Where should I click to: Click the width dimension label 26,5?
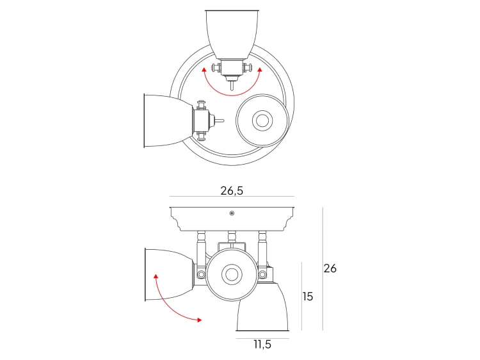232,190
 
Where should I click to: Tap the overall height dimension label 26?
330,268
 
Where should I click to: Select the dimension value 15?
308,297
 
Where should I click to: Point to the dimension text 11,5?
262,345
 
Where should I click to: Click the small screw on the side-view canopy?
232,213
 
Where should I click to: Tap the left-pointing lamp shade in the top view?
168,120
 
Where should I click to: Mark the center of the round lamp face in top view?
262,120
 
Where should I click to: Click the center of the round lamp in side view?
231,275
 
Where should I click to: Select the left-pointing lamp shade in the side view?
168,275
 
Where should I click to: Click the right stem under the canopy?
262,245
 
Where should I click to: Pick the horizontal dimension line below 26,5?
232,197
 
